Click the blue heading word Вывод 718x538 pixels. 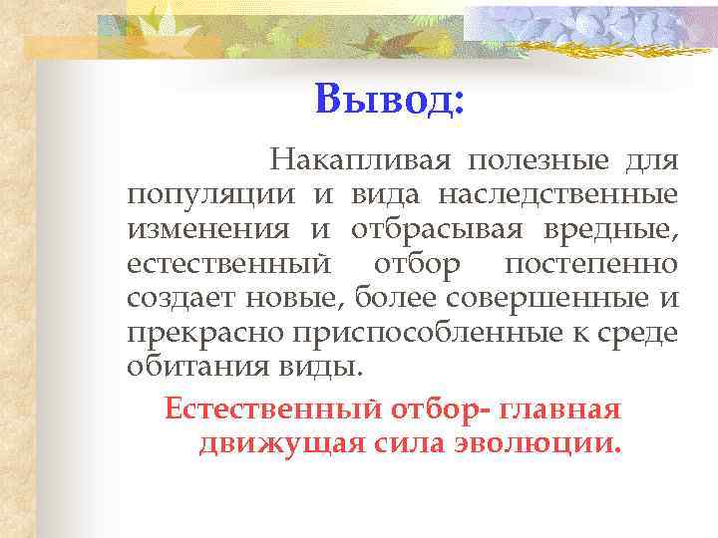[x=389, y=99]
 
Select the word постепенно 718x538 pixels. [x=591, y=265]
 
